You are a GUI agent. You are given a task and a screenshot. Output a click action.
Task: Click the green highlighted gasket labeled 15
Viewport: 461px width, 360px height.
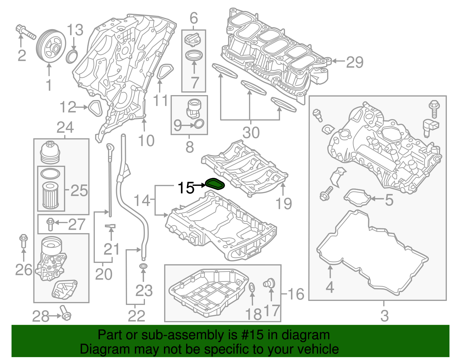pyautogui.click(x=215, y=184)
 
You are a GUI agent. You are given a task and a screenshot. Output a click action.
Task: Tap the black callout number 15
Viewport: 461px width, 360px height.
pyautogui.click(x=186, y=188)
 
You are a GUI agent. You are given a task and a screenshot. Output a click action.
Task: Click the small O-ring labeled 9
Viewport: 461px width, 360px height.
pyautogui.click(x=199, y=124)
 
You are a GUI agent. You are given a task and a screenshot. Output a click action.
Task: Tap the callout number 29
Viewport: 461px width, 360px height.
pyautogui.click(x=354, y=62)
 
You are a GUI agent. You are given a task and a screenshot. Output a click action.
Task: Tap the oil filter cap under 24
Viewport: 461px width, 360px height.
pyautogui.click(x=50, y=152)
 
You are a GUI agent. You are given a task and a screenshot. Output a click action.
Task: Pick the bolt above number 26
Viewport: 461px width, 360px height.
pyautogui.click(x=23, y=241)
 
